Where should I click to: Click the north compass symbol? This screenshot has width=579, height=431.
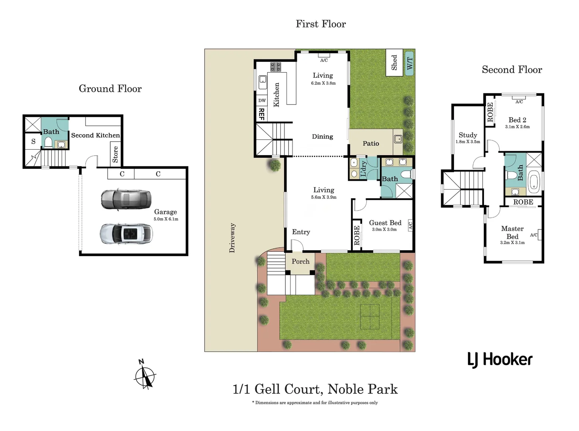(145, 375)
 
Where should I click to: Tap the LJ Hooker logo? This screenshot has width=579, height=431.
(500, 360)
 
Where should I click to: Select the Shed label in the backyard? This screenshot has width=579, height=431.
(394, 63)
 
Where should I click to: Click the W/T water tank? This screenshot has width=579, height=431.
(410, 63)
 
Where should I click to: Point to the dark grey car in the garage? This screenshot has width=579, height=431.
(126, 199)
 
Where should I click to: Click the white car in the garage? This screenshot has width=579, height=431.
(126, 234)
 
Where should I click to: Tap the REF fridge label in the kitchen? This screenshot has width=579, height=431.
(261, 114)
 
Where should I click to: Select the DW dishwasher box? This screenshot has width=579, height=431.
(262, 101)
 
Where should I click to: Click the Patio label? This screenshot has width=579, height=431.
(370, 144)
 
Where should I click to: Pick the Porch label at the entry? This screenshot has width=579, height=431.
(300, 262)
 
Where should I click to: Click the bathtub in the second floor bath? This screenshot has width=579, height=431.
(534, 182)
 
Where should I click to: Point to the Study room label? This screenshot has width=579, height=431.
(468, 135)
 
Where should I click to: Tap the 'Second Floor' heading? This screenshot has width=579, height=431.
(511, 70)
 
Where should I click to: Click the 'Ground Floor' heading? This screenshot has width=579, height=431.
(110, 89)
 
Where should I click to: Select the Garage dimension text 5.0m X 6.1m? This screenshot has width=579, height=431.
(166, 219)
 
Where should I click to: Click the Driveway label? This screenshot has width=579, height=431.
(232, 238)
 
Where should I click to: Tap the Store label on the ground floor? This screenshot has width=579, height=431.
(115, 154)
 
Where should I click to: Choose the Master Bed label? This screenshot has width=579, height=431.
(512, 233)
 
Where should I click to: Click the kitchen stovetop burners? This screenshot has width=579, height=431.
(276, 67)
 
